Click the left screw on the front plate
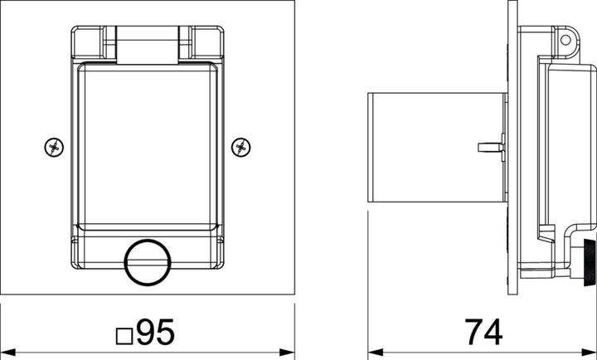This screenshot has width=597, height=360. coord(54,147)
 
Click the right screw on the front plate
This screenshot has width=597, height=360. coord(241,147)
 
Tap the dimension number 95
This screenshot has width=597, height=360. coord(156,332)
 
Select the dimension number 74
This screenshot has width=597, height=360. coord(483,332)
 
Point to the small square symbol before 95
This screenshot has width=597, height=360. coord(124,336)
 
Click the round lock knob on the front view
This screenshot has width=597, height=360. coord(148,262)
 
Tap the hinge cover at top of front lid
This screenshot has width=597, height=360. coord(148,45)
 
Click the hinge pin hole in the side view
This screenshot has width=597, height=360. coord(565,40)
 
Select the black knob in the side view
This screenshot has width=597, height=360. coord(590,262)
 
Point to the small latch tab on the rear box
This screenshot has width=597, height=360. coord(491,147)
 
